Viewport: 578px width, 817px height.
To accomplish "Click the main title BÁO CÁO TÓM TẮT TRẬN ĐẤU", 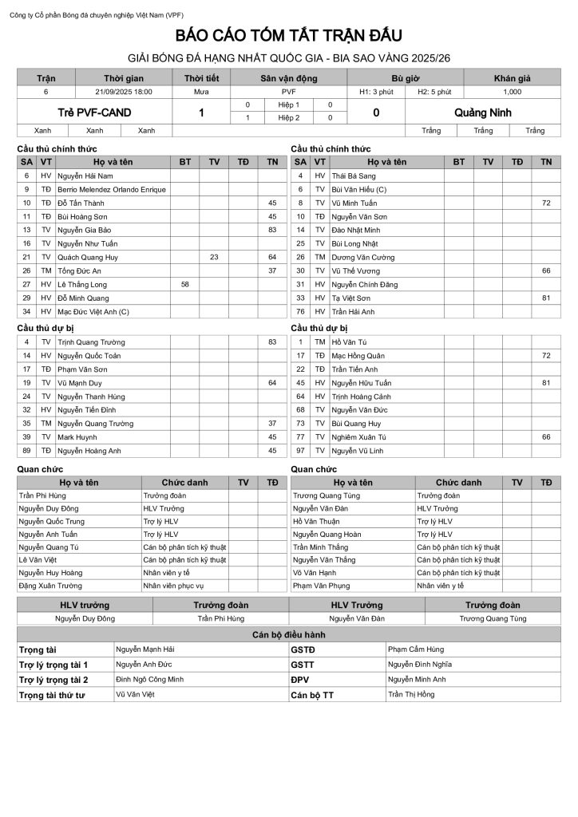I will [x=289, y=37].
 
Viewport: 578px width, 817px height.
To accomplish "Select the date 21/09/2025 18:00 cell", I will [x=124, y=92].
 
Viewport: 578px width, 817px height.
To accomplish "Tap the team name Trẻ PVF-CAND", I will [x=94, y=112].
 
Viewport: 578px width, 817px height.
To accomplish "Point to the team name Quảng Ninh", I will [x=483, y=112].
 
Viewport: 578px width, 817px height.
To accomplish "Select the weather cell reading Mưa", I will [x=201, y=92].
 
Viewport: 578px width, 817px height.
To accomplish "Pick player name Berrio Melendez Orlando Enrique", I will [x=111, y=189].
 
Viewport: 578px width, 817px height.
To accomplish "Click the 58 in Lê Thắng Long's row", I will [x=185, y=284].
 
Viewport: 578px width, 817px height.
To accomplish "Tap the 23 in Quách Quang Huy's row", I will [x=214, y=257].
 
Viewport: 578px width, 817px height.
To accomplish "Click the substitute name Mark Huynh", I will [x=76, y=436].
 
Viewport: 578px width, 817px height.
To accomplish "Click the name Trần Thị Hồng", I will [x=411, y=695].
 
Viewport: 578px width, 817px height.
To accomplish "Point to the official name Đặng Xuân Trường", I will [x=49, y=586].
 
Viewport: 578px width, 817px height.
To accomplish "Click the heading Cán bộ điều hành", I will [x=289, y=634].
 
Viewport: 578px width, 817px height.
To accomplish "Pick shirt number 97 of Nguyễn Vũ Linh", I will [x=301, y=450].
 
